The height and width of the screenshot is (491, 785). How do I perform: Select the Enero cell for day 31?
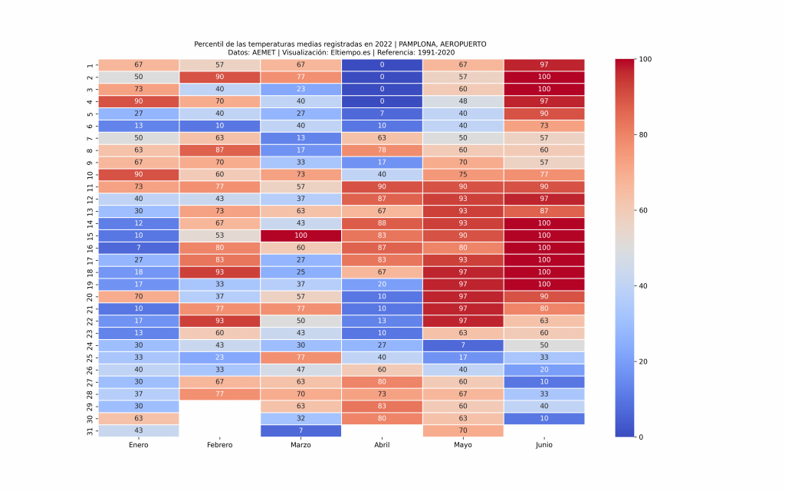pyautogui.click(x=139, y=430)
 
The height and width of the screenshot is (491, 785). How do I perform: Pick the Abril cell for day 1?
pyautogui.click(x=382, y=64)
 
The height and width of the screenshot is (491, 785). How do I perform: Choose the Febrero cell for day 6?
pyautogui.click(x=220, y=126)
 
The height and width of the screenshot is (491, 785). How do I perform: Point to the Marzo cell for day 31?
pyautogui.click(x=301, y=430)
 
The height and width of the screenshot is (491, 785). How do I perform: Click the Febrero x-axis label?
pyautogui.click(x=220, y=445)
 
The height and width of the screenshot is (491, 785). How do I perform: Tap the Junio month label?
pyautogui.click(x=544, y=445)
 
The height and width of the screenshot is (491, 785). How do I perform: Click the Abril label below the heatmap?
pyautogui.click(x=382, y=445)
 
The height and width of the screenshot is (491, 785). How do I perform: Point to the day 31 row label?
pyautogui.click(x=90, y=430)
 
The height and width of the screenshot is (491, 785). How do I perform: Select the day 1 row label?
pyautogui.click(x=90, y=64)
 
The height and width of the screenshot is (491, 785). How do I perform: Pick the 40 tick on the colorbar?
pyautogui.click(x=645, y=286)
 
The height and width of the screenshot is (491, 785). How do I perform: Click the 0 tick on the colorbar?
pyautogui.click(x=642, y=437)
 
